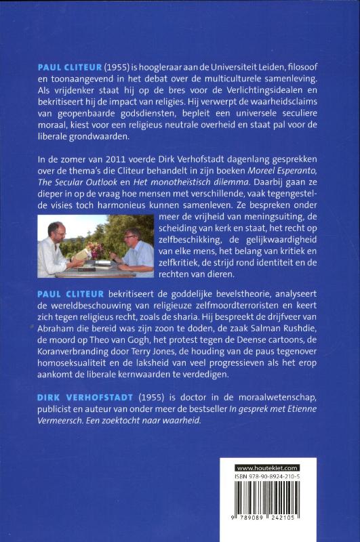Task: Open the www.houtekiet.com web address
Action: coord(266,467)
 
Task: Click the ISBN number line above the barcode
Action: coord(267,477)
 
